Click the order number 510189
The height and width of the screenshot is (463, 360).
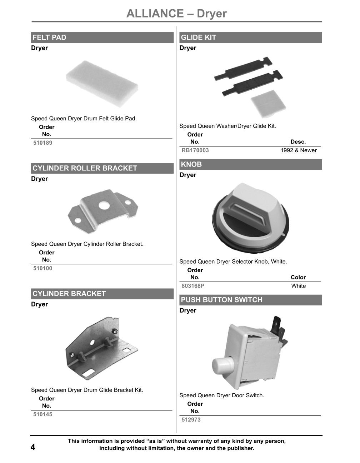point(42,143)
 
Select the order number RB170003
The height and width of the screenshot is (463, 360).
point(195,150)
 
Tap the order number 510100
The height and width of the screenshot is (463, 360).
point(42,268)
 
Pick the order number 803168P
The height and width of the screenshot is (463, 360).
point(193,286)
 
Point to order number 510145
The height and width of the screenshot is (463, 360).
point(42,414)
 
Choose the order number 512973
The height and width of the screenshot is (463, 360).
point(191,420)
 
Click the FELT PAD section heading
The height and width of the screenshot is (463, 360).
point(49,38)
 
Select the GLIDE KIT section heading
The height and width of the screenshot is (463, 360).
point(198,38)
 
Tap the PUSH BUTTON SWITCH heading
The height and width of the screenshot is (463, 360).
point(221,300)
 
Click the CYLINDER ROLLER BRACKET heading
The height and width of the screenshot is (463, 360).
point(85,168)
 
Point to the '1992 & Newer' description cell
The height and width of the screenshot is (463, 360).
point(299,150)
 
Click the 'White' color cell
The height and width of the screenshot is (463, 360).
point(299,286)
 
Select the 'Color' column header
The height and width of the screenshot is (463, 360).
point(298,277)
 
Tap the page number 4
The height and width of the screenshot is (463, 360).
point(33,447)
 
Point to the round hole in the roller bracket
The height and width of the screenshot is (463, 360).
point(104,205)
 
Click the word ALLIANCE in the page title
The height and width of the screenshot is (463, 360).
point(155,14)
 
